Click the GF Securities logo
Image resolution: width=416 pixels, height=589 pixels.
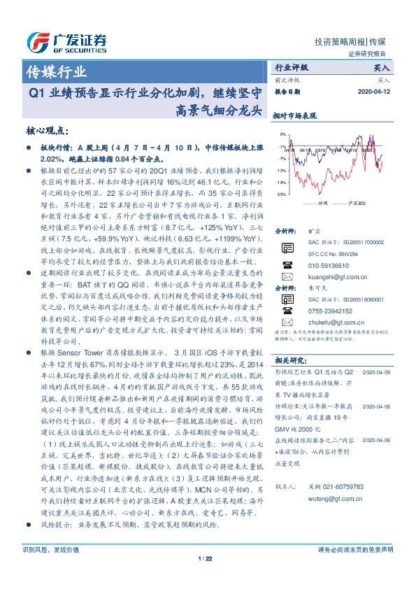(66, 42)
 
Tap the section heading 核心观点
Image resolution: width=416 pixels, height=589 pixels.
(46, 130)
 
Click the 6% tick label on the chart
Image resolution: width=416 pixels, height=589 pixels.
(281, 134)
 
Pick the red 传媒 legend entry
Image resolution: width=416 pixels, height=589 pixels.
(318, 202)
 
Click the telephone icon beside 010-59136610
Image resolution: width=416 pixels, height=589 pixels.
(287, 265)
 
